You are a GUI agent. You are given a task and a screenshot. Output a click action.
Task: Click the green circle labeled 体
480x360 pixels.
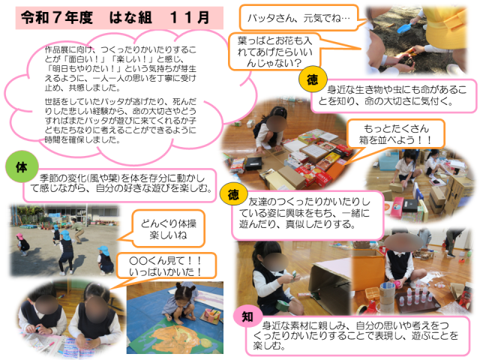click(22, 166)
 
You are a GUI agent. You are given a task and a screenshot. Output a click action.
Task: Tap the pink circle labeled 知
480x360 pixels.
click(247, 316)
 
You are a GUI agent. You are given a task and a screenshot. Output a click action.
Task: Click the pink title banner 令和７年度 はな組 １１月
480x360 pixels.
click(119, 18)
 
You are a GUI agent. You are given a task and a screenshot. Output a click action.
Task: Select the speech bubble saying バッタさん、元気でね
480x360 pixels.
click(298, 18)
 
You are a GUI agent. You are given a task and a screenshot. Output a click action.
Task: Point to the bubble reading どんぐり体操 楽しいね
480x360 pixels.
click(168, 229)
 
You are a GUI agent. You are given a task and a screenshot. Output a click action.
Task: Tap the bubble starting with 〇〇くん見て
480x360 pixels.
click(166, 265)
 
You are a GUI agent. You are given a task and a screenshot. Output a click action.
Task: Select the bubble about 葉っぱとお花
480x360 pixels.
click(274, 52)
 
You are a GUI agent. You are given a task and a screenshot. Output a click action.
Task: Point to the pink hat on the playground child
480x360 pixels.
click(19, 236)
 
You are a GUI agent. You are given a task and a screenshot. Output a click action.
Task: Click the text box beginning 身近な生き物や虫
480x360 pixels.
click(394, 95)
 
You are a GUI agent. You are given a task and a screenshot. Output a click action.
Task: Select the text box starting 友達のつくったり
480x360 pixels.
click(307, 214)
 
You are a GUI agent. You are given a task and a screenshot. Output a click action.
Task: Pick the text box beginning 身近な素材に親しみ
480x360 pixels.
click(358, 336)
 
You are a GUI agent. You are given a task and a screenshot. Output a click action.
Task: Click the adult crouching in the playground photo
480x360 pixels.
click(77, 229)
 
